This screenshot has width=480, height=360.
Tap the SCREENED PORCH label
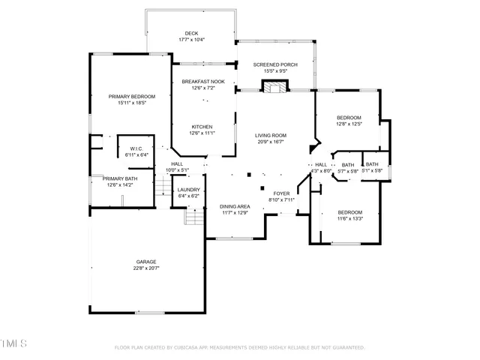275,65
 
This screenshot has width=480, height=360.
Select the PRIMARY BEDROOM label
131,97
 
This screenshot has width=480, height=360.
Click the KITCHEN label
202,127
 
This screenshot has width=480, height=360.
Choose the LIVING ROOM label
271,135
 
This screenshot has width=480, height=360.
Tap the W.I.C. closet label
136,148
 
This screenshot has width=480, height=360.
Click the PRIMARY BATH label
121,178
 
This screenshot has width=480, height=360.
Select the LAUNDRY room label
188,190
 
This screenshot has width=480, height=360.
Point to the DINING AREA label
234,206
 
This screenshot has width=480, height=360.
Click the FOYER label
281,193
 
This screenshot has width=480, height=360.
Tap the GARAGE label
146,262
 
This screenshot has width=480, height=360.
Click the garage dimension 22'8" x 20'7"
146,268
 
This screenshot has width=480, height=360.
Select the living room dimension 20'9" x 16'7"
271,141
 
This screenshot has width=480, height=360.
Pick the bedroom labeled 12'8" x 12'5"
349,121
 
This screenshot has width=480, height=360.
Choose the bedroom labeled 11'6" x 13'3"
349,215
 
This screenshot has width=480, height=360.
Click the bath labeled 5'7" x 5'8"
348,167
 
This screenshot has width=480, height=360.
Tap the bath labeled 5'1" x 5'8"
372,167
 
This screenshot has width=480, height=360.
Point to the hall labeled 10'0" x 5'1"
177,166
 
